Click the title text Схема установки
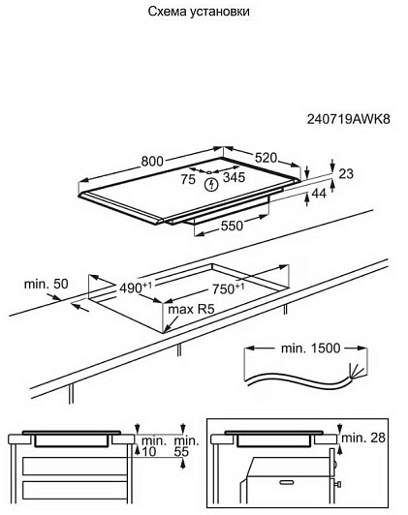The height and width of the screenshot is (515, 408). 199,12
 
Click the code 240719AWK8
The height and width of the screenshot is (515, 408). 349,119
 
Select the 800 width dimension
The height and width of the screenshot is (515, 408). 152,162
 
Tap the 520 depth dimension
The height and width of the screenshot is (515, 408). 267,158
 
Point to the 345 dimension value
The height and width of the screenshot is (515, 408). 235,177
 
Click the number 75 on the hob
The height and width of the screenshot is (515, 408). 188,179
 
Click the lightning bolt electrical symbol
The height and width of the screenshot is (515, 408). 211,185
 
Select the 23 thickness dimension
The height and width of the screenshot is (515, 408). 346,173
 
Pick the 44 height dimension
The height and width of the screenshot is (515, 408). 319,194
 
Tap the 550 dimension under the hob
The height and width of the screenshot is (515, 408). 232,226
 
